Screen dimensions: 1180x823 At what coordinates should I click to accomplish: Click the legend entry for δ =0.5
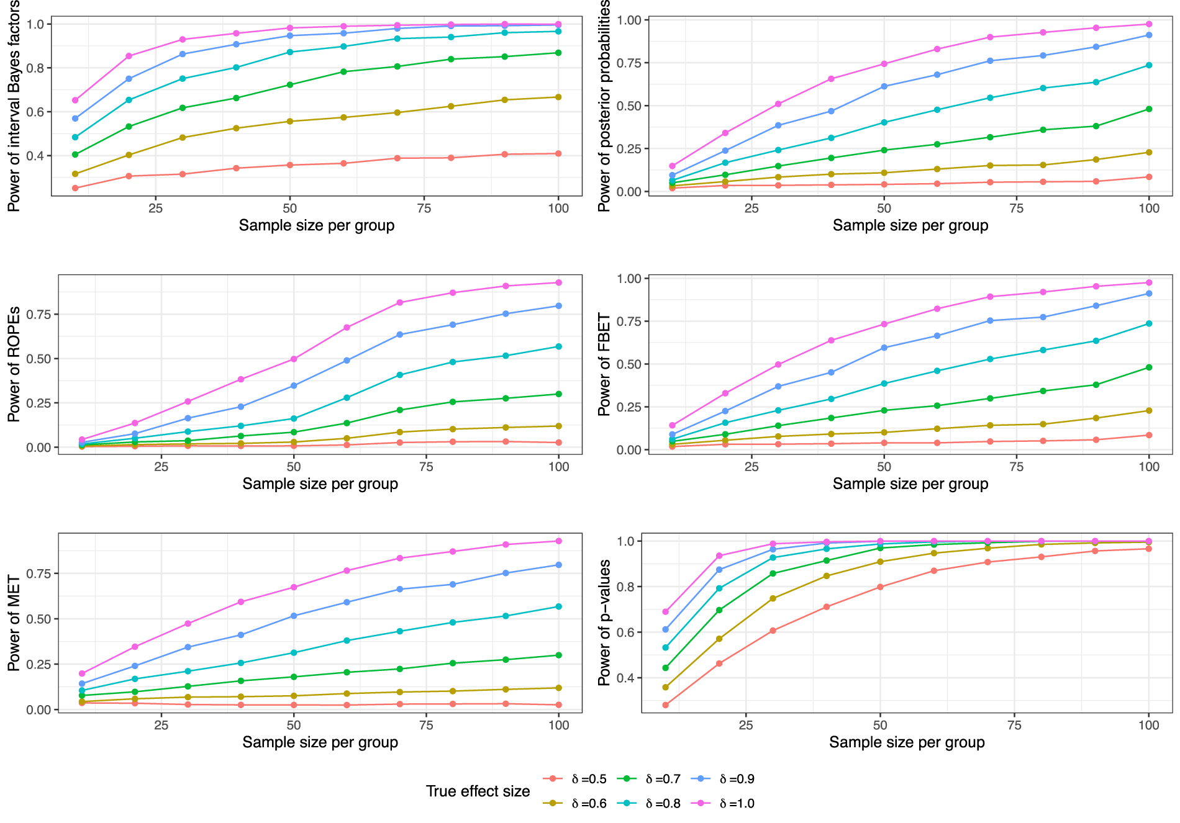tap(574, 779)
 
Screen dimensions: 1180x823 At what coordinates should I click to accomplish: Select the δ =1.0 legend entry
tap(722, 803)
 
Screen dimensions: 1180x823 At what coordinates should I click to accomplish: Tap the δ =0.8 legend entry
tap(648, 803)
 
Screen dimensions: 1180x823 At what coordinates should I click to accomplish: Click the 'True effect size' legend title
tap(478, 791)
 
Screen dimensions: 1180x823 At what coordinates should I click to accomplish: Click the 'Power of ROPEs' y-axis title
tap(14, 364)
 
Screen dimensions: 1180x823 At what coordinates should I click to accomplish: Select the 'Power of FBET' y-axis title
tap(604, 364)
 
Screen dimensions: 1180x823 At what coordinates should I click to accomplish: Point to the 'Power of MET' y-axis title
tap(14, 623)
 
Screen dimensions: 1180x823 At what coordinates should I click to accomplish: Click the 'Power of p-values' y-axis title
tap(604, 623)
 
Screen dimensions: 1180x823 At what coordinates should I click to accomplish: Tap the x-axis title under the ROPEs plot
tap(320, 483)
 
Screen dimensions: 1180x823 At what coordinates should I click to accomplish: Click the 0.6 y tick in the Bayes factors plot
tap(35, 112)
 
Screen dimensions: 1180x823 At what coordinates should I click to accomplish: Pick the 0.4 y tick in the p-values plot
tap(625, 678)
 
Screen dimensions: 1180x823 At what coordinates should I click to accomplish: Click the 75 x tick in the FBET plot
tap(1016, 466)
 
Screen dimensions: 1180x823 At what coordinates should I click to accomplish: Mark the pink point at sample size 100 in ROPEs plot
tap(558, 282)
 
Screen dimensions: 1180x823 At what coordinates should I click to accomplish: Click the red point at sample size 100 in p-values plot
tap(1148, 549)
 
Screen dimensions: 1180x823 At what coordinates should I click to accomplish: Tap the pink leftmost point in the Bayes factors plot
tap(75, 100)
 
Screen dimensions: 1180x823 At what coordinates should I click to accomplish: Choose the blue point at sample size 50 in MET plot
tap(294, 616)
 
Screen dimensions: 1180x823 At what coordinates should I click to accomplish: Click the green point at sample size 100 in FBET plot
tap(1148, 367)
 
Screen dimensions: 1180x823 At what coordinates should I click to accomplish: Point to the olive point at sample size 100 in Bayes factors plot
tap(558, 97)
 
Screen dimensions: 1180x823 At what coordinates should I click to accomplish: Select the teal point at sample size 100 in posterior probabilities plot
tap(1148, 65)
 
